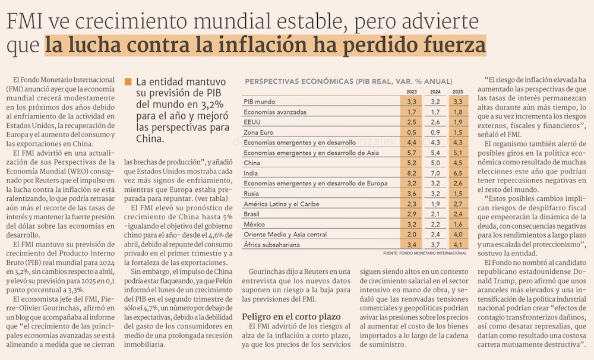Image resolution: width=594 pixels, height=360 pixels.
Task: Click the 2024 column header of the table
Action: (435, 91)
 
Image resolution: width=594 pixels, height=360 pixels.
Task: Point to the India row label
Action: (252, 173)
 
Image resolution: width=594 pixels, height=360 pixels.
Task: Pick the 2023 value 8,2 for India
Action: (411, 173)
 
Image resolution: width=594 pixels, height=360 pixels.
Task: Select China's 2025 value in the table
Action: (458, 163)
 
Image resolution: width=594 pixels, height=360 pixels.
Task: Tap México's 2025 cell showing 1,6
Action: (458, 225)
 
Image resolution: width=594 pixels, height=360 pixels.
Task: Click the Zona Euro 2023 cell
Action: (411, 132)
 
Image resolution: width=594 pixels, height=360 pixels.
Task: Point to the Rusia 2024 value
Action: (435, 194)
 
